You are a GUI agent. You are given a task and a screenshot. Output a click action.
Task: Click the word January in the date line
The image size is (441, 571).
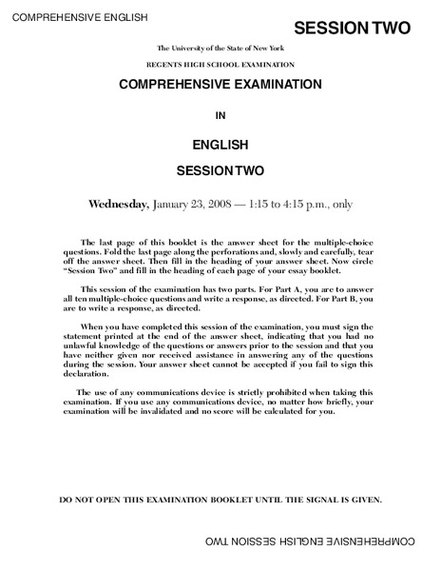click(x=172, y=204)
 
